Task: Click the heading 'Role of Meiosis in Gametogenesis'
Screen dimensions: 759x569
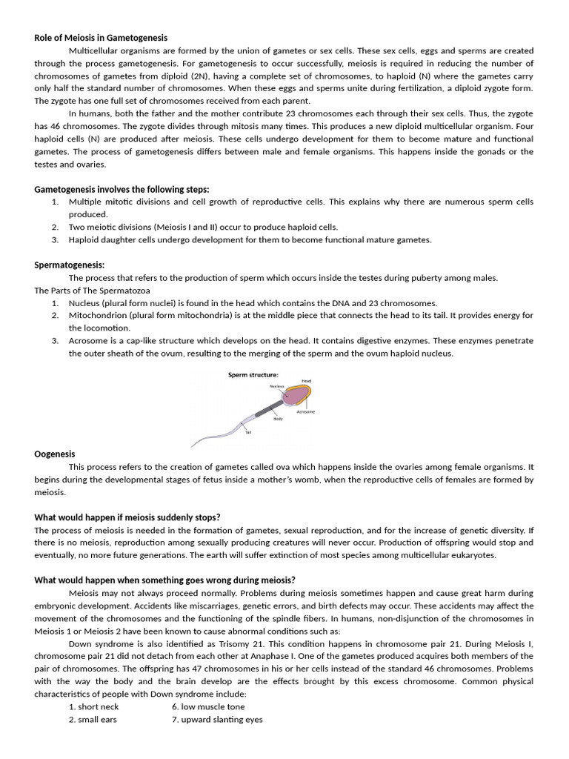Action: point(101,38)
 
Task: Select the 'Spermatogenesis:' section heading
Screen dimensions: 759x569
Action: point(70,265)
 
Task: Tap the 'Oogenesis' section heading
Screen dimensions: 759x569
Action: point(55,454)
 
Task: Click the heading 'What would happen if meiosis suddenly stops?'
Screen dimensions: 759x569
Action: point(127,517)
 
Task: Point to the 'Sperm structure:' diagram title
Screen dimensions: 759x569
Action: point(253,375)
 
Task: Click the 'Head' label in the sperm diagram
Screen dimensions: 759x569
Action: point(306,381)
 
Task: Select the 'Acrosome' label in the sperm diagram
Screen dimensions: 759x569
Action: point(305,411)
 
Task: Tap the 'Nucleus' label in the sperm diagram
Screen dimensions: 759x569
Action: point(276,386)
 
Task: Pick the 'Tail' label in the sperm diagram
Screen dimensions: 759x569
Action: point(249,432)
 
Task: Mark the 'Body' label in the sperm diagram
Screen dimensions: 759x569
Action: point(278,420)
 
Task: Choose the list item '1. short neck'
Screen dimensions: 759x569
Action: point(93,706)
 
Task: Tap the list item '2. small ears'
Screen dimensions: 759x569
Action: point(93,719)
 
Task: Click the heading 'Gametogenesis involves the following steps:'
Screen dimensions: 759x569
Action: point(122,189)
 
